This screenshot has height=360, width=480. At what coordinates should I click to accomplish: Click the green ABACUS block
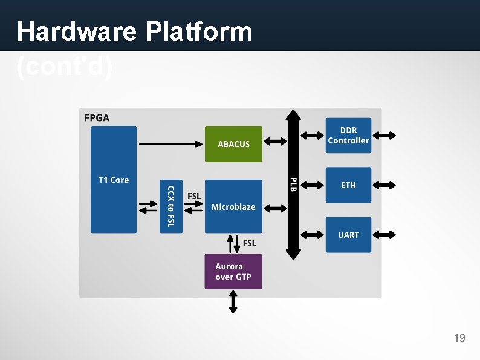point(233,144)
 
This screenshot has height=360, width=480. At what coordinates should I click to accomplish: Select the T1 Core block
point(114,180)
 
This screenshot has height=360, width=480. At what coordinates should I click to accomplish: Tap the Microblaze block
point(233,206)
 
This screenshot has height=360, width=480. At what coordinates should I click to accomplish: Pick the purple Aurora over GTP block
point(233,272)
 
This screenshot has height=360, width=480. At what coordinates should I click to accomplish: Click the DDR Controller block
point(348,136)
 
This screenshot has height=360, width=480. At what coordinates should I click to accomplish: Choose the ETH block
point(348,185)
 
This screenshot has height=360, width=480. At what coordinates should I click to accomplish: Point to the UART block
point(348,235)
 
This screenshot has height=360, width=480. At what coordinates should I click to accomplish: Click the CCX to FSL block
point(170,206)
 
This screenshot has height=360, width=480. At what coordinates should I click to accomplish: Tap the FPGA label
point(97,117)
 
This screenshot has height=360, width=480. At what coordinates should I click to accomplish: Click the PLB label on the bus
point(293,185)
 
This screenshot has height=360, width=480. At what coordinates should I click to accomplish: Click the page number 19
point(459,338)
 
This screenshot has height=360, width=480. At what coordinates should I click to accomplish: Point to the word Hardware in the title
point(76,31)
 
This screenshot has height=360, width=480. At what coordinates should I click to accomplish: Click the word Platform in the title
point(198,31)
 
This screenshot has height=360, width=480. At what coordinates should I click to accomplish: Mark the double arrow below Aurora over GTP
point(233,301)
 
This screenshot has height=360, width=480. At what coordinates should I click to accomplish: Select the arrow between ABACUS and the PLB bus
point(276,141)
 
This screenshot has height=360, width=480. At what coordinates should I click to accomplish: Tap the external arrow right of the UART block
point(384,234)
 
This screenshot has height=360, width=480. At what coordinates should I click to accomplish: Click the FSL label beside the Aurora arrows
point(249,243)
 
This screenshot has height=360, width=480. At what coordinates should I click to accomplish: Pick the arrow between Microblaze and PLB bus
point(276,208)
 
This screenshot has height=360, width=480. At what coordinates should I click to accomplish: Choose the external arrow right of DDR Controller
point(384,136)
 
